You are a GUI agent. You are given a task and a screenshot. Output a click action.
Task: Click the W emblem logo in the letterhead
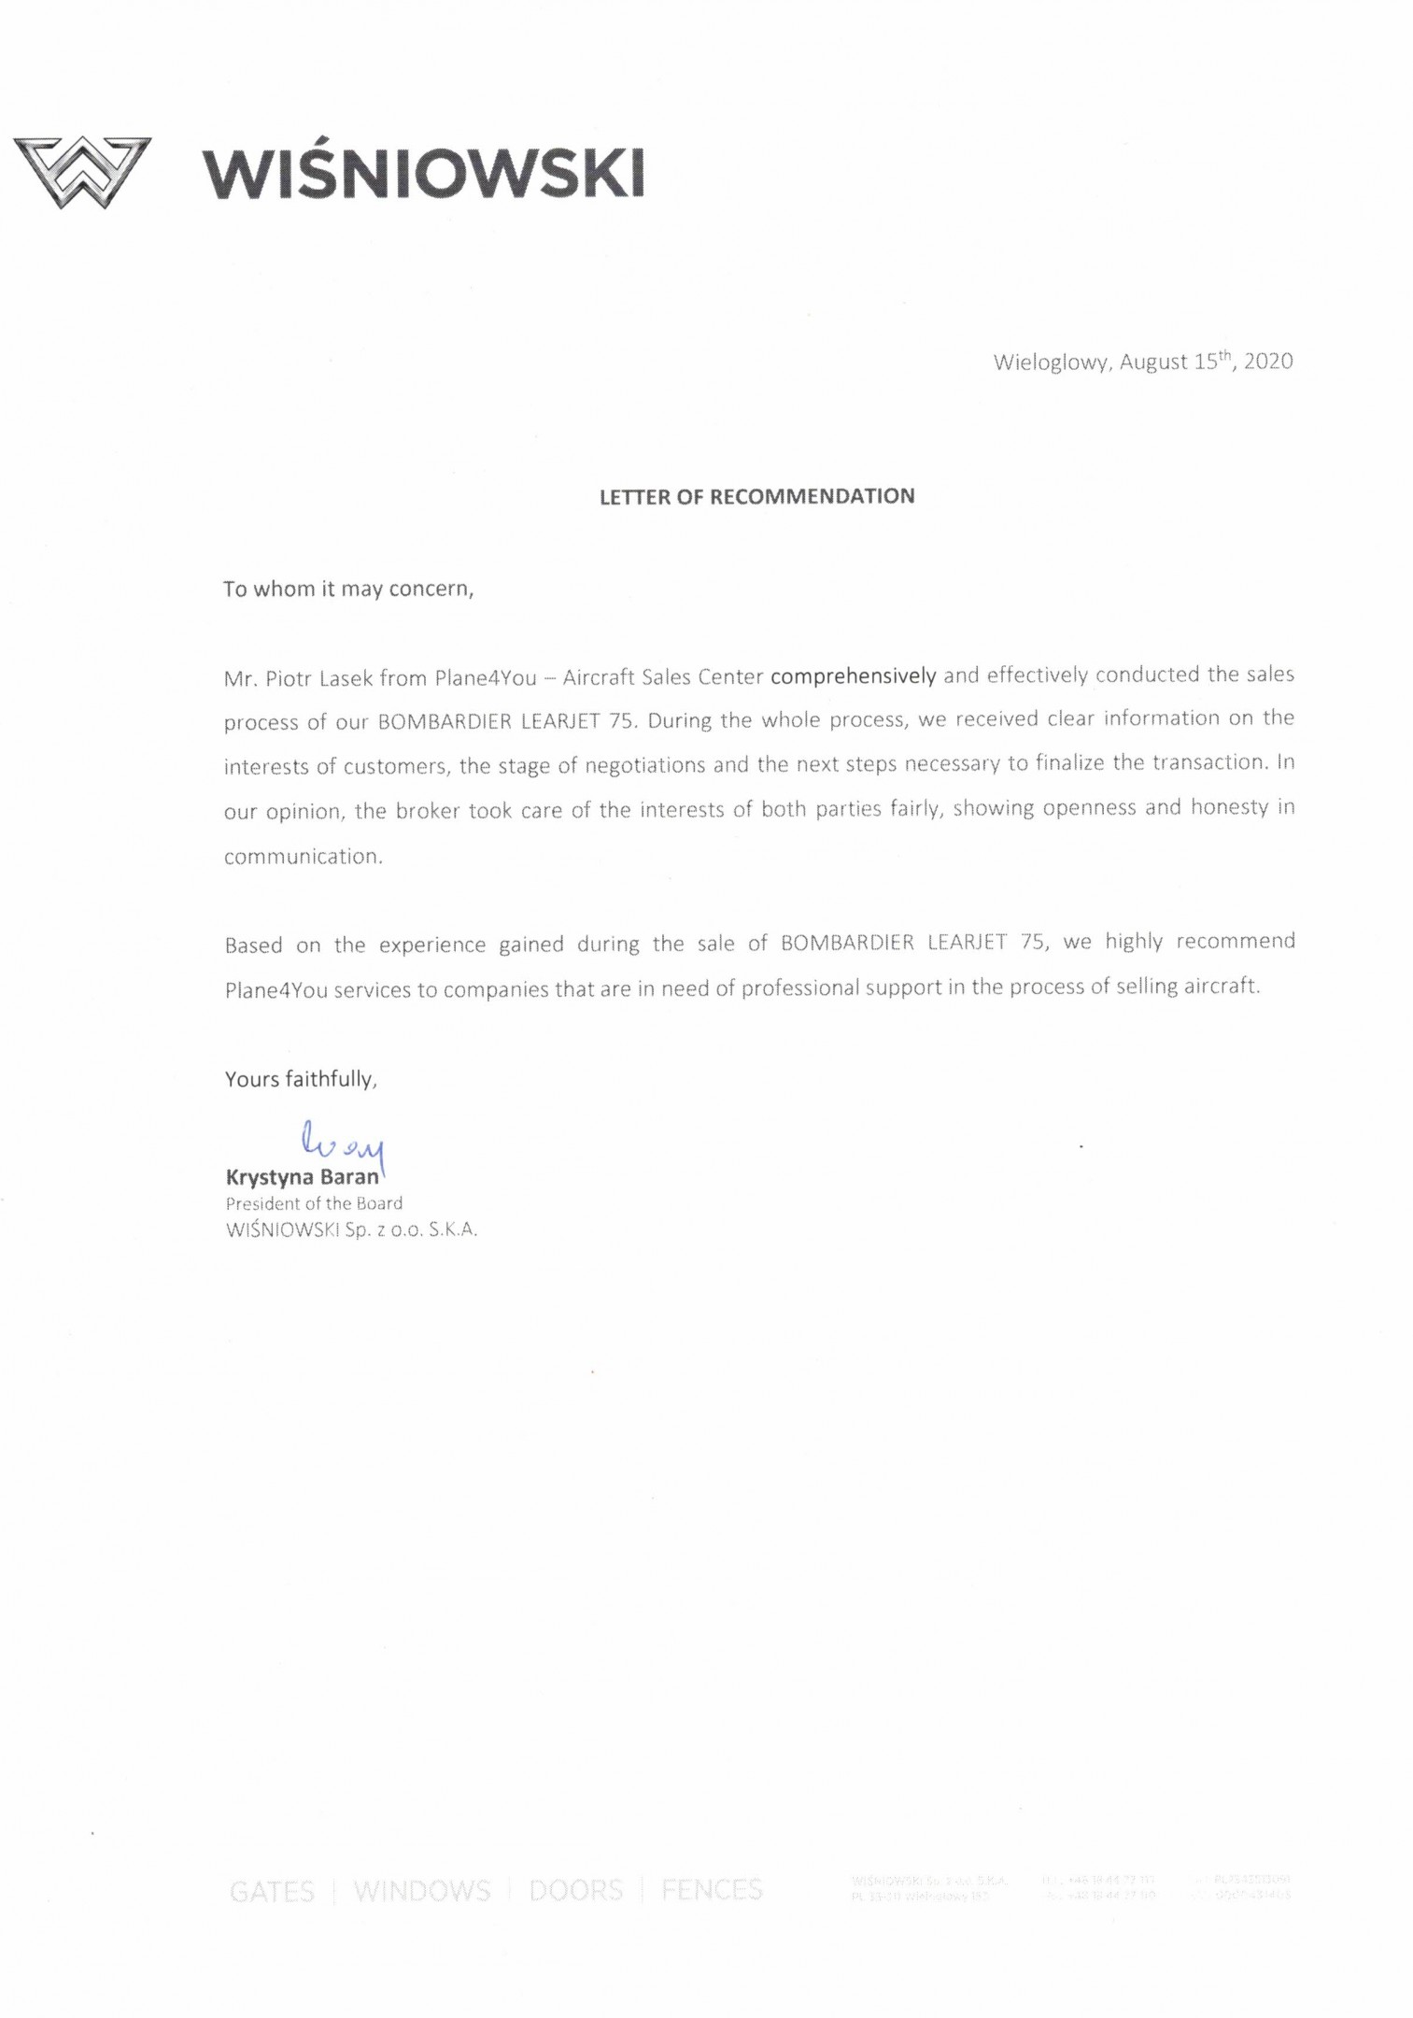(x=82, y=172)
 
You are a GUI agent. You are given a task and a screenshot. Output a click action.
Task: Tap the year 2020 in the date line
(x=1267, y=362)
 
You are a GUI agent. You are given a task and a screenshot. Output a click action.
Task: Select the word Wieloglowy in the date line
(x=1051, y=362)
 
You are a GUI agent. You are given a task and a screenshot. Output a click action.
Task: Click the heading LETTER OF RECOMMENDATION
(x=756, y=496)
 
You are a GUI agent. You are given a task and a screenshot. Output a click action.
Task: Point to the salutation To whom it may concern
(x=348, y=589)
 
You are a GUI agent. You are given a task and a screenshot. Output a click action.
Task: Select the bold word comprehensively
(x=853, y=675)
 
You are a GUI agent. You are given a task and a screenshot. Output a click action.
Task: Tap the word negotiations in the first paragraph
(x=644, y=766)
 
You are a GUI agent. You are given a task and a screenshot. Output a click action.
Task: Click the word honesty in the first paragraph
(x=1229, y=807)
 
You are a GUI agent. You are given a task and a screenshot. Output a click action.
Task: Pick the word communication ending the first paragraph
(x=303, y=857)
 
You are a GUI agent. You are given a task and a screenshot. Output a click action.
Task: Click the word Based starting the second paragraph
(x=253, y=945)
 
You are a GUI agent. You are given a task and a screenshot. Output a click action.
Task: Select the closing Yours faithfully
(x=301, y=1079)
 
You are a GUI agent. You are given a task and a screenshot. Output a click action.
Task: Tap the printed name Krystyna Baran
(x=303, y=1177)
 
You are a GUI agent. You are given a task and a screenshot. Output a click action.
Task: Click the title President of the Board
(x=314, y=1203)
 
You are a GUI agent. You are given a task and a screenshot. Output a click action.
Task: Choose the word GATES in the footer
(x=272, y=1892)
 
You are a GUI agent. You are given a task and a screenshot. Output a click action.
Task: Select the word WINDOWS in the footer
(x=421, y=1892)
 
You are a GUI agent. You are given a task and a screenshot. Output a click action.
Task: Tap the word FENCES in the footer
(x=712, y=1890)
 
